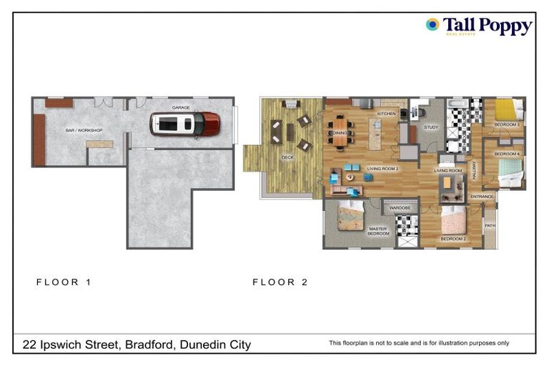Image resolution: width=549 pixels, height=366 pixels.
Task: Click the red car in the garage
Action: (x=184, y=124)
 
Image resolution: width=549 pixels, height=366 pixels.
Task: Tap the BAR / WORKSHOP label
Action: (x=84, y=130)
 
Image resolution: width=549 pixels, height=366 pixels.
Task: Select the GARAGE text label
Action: (x=180, y=107)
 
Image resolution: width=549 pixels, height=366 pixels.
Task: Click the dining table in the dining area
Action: (x=340, y=132)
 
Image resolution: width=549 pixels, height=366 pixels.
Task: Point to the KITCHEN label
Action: (x=386, y=114)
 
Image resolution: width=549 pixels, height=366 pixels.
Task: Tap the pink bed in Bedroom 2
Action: (x=453, y=222)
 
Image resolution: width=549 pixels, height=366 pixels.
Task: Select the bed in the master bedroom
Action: (x=350, y=215)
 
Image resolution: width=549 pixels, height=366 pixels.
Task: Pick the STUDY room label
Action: (x=430, y=128)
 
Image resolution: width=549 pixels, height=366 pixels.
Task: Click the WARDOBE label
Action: (x=399, y=207)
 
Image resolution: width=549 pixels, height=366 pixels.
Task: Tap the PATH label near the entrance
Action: (x=490, y=226)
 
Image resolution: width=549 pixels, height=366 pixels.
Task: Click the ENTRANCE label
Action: (x=482, y=197)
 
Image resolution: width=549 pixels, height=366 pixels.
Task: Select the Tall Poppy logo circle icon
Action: (x=432, y=24)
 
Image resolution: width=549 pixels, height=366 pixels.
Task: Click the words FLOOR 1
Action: (x=64, y=282)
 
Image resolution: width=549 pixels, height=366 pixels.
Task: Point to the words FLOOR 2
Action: (x=280, y=282)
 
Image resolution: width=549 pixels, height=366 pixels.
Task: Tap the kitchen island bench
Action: (x=375, y=134)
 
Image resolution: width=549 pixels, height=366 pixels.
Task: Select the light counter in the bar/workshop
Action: (x=99, y=144)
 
